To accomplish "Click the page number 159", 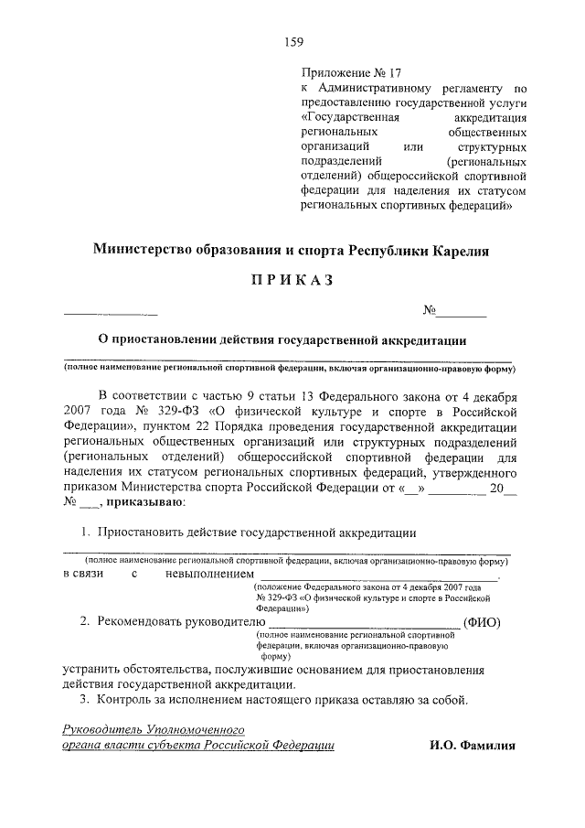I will click(x=292, y=40).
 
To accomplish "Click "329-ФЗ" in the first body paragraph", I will click(x=154, y=412).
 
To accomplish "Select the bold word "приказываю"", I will click(x=144, y=501).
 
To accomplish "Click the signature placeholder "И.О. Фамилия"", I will click(x=472, y=746).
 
